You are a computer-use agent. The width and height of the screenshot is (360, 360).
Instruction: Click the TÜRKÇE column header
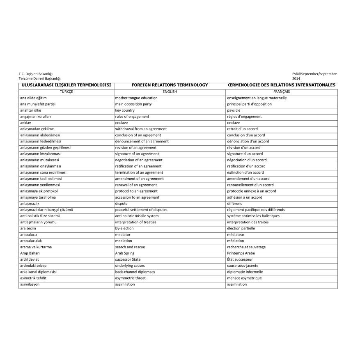pos(66,92)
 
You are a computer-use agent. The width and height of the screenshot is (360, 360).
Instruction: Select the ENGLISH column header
pos(170,92)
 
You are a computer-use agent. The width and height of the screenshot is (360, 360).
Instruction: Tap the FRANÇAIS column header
pos(281,92)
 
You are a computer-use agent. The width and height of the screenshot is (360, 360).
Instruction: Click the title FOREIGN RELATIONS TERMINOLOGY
pos(170,85)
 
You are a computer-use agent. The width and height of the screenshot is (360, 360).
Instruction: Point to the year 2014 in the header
pos(296,78)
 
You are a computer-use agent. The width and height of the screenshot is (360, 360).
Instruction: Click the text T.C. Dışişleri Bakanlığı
pos(36,74)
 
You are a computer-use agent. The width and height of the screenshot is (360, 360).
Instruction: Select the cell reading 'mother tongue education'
pos(136,98)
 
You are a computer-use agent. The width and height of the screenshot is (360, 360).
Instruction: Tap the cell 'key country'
pos(125,110)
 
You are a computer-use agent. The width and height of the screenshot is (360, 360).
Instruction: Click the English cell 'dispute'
pos(121,204)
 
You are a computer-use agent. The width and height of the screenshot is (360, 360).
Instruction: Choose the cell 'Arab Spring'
pos(124,253)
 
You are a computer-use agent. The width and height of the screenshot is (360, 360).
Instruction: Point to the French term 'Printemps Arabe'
pos(241,253)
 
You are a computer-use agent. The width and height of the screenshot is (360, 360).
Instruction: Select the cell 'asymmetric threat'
pos(130,278)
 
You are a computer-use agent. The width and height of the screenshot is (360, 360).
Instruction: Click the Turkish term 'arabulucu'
pos(28,235)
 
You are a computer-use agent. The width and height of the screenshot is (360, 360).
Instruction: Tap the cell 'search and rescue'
pos(130,247)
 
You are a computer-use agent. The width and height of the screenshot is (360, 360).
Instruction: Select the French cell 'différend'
pos(234,204)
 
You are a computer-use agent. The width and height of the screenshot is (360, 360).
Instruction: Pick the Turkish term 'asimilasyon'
pos(30,284)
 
